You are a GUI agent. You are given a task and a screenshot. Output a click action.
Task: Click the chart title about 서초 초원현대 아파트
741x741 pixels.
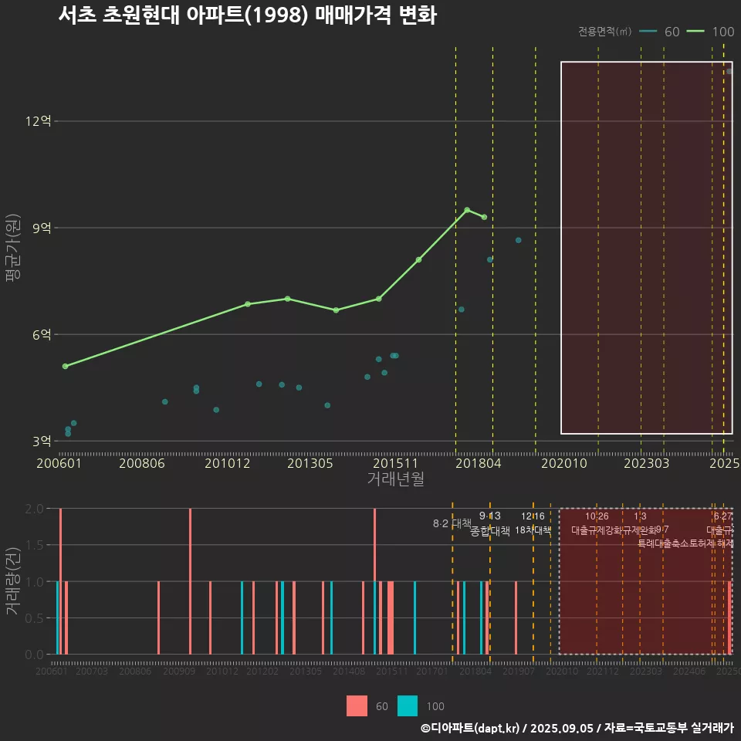point(247,15)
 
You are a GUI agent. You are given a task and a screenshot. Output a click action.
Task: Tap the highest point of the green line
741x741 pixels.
point(467,210)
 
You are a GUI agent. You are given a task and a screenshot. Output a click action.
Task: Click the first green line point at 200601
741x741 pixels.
point(65,366)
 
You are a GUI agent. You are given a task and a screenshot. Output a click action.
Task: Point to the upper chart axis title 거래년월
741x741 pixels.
point(395,479)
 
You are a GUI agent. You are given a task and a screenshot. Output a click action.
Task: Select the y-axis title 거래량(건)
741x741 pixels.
point(12,581)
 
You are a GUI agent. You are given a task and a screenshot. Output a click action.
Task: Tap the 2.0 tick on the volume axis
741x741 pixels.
point(34,509)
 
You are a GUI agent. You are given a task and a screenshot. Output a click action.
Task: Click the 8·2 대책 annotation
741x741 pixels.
point(452,523)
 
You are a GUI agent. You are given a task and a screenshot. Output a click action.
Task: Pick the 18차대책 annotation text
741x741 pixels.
point(533,530)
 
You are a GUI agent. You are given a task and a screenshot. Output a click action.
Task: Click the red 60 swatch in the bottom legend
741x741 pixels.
point(357,705)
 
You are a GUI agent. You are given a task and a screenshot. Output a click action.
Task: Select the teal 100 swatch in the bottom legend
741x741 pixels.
point(408,705)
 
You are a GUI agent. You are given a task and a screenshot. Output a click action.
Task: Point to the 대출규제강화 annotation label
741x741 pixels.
point(597,530)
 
